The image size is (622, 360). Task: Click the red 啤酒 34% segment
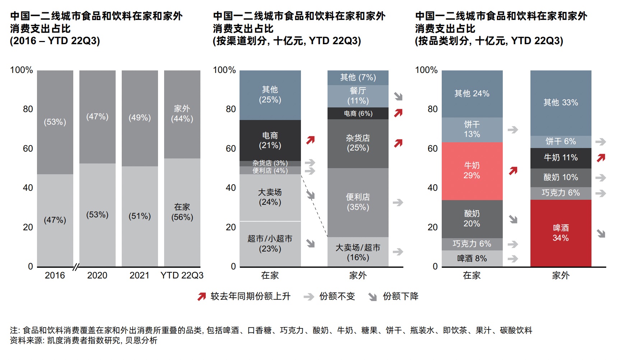tap(561, 233)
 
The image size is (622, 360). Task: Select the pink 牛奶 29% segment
tap(472, 171)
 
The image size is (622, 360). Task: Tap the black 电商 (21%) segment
tap(270, 140)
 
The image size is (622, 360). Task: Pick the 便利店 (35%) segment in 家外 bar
tap(358, 202)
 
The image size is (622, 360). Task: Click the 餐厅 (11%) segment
tap(358, 96)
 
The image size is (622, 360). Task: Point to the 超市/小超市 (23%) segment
tap(270, 244)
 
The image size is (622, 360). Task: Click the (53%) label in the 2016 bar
tap(55, 122)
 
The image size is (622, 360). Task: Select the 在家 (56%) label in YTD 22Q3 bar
tap(182, 212)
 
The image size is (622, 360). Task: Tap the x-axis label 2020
tap(97, 276)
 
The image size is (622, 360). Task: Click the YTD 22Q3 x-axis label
tap(182, 276)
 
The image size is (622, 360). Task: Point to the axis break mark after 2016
tap(76, 267)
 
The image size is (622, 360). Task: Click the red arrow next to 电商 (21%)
tap(311, 140)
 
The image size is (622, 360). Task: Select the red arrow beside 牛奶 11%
tap(601, 158)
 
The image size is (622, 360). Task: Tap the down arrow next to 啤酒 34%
tap(601, 234)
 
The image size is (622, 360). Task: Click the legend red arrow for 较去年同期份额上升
tap(201, 296)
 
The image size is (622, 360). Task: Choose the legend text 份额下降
tap(400, 296)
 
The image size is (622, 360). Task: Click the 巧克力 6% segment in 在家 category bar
tap(472, 244)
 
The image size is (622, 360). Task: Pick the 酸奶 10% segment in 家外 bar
tap(561, 177)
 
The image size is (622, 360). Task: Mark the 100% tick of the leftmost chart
tap(22, 70)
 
